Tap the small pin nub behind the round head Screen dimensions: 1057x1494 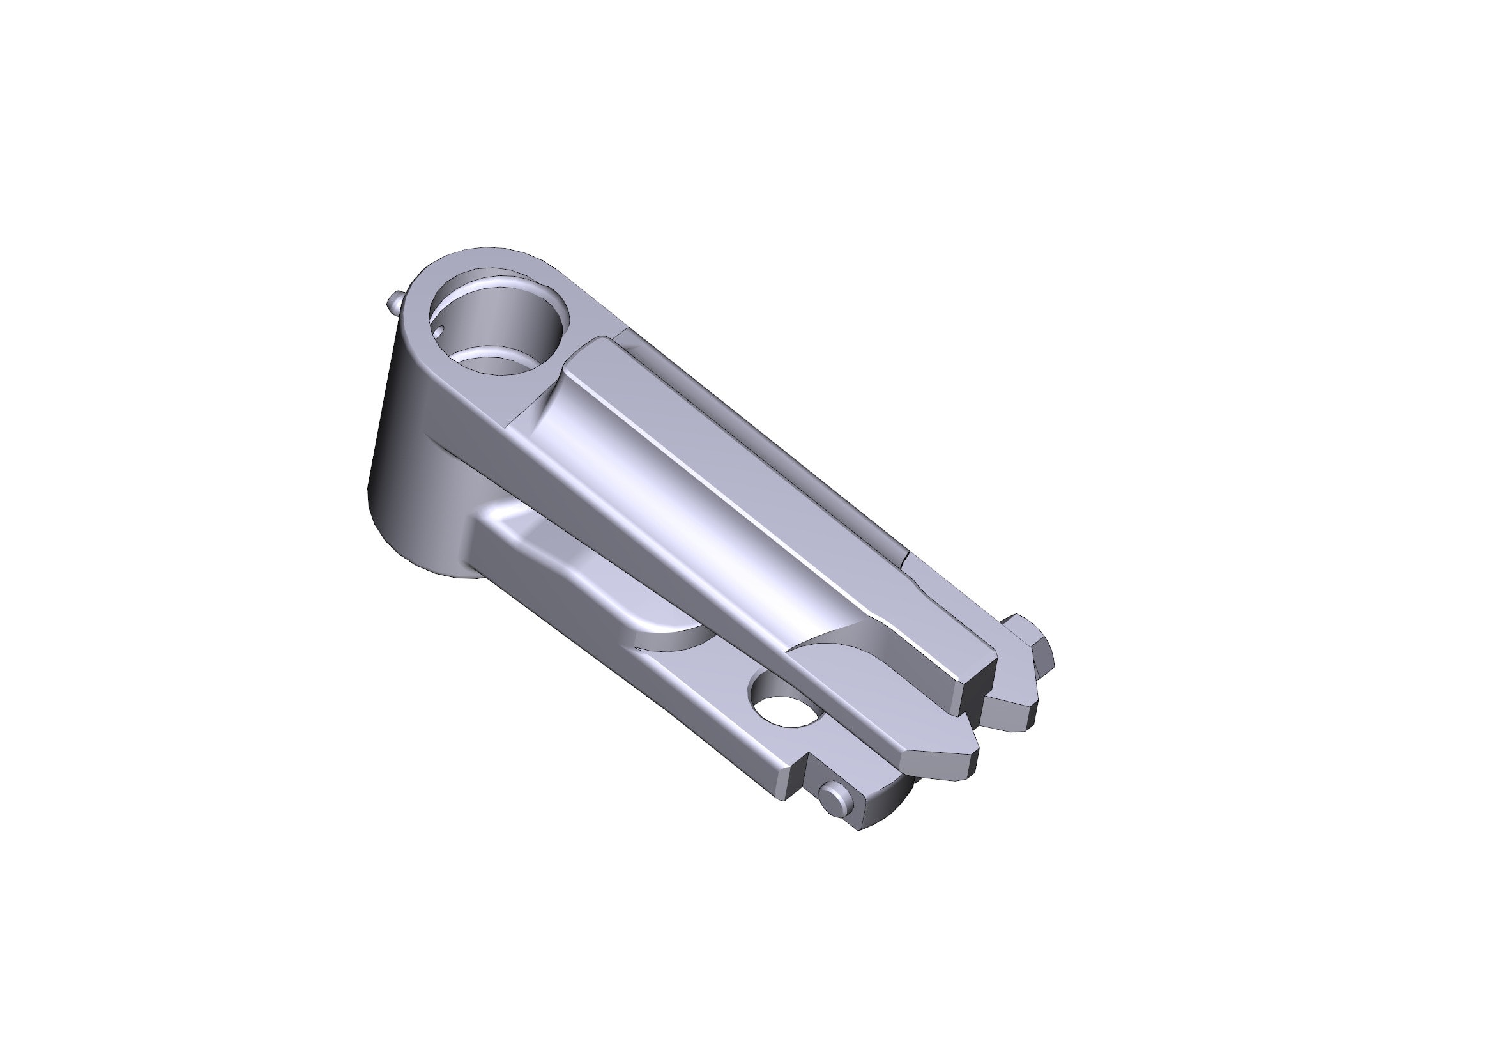(395, 303)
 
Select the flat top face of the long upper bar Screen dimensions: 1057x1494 (781, 495)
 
